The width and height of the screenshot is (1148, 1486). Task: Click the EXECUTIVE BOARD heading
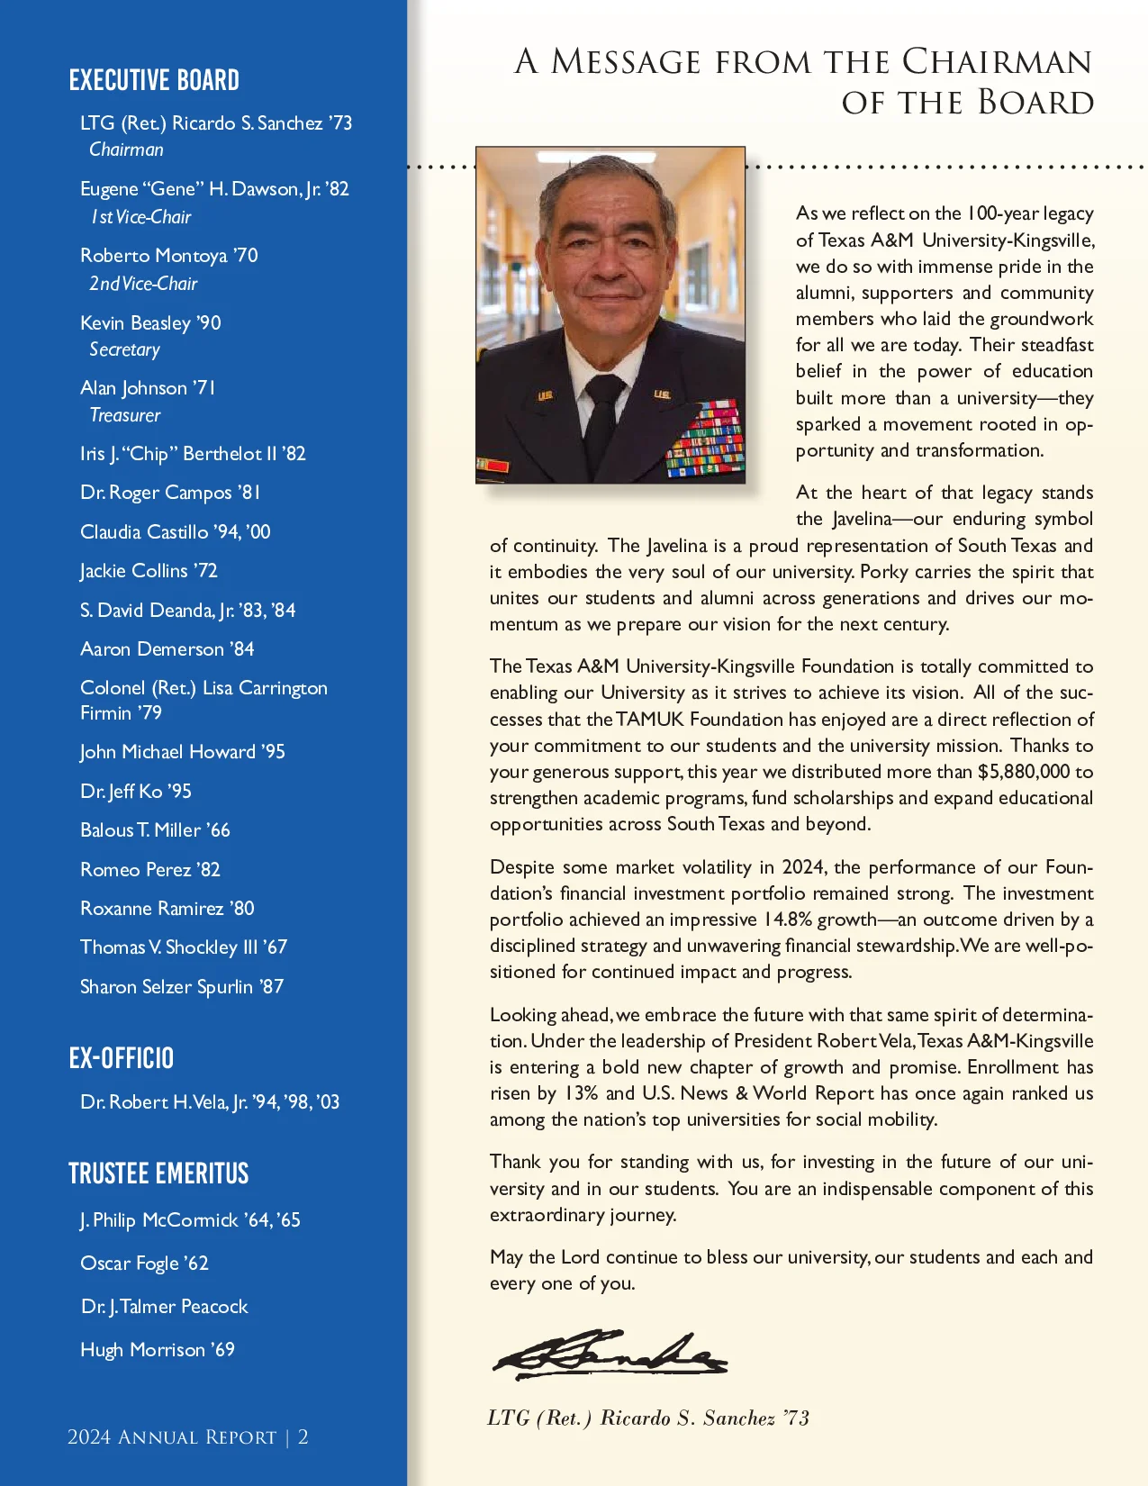(154, 80)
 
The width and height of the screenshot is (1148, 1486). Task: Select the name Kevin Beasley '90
(150, 322)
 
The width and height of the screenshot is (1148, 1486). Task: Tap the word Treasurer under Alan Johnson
(124, 415)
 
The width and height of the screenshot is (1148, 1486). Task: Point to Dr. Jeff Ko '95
(136, 791)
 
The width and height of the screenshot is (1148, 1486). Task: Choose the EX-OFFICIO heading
(121, 1058)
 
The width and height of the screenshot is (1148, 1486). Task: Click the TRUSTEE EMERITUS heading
(158, 1173)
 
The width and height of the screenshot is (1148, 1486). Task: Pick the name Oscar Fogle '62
(144, 1263)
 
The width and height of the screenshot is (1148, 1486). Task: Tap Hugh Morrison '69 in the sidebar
(158, 1349)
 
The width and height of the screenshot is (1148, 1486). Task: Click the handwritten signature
(610, 1355)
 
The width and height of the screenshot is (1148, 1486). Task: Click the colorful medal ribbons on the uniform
(705, 441)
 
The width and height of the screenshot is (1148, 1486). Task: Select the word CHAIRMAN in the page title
(997, 61)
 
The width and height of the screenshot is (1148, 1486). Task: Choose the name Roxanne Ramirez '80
(167, 908)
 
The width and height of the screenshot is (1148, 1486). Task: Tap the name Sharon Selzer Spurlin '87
(182, 986)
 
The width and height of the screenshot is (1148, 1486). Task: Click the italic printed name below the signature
(648, 1418)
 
